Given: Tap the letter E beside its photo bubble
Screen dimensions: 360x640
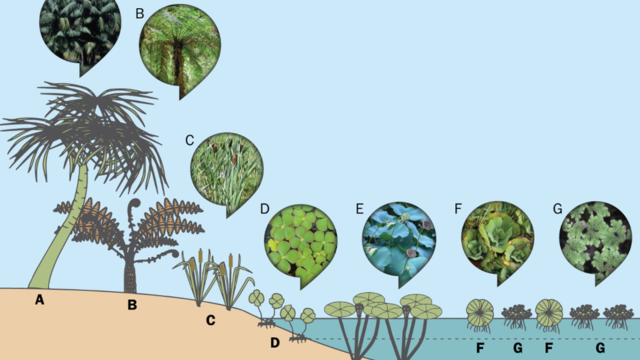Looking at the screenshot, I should click(359, 210).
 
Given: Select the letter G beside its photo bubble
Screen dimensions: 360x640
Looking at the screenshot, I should click(558, 210).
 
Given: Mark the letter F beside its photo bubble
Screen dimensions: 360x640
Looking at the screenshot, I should click(459, 210).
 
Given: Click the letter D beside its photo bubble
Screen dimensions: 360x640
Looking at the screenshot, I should click(264, 210).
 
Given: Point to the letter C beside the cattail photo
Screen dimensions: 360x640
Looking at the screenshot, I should click(189, 140).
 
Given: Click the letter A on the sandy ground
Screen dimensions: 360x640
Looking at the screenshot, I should click(39, 300).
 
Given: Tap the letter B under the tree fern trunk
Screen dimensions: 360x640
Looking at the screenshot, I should click(131, 304).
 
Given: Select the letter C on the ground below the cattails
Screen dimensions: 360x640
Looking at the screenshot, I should click(211, 321).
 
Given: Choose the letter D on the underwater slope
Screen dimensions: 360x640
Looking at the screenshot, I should click(274, 344).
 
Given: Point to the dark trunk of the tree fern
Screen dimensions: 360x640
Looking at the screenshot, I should click(130, 270).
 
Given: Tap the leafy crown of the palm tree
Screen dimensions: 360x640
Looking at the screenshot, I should click(90, 125).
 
